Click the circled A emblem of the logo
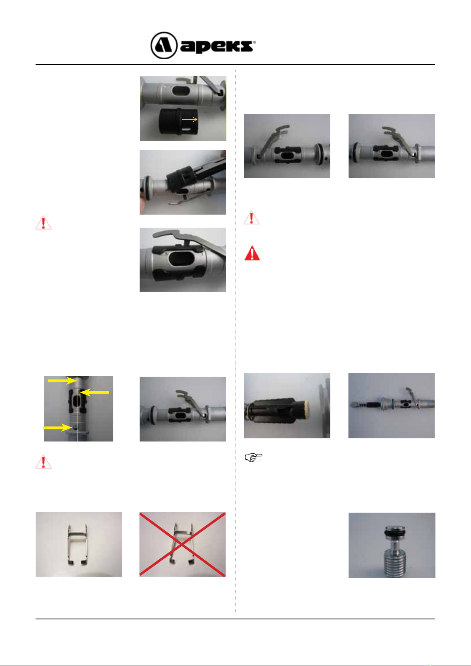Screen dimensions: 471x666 pyautogui.click(x=164, y=45)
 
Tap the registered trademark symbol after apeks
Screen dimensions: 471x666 pyautogui.click(x=254, y=42)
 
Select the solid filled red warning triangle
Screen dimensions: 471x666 pyautogui.click(x=252, y=253)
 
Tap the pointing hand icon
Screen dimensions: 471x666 pyautogui.click(x=253, y=457)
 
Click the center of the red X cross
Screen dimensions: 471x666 pyautogui.click(x=182, y=544)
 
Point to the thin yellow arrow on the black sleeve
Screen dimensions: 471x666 pyautogui.click(x=190, y=119)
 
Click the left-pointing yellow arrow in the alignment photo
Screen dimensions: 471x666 pyautogui.click(x=94, y=392)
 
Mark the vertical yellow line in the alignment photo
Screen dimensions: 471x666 pyautogui.click(x=77, y=409)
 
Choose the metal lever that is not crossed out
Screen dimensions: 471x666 pyautogui.click(x=77, y=544)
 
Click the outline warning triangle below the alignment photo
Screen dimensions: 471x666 pyautogui.click(x=43, y=462)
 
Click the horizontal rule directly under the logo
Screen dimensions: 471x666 pyautogui.click(x=235, y=64)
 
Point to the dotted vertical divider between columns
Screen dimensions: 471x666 pyautogui.click(x=236, y=341)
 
